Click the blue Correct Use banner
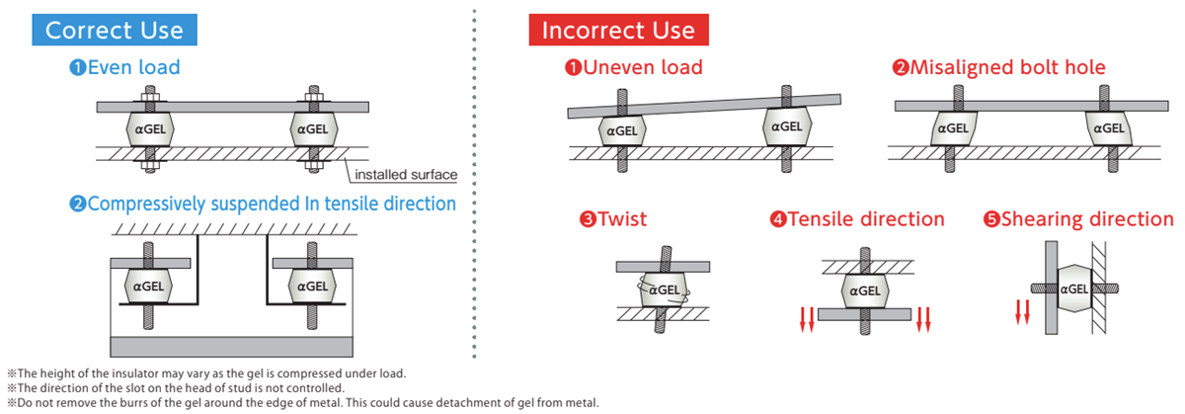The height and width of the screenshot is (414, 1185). [115, 30]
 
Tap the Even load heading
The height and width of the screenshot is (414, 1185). [124, 67]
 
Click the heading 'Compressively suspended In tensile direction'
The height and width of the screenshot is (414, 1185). [263, 204]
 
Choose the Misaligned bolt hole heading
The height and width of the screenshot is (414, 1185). [998, 67]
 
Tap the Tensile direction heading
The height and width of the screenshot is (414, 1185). [858, 218]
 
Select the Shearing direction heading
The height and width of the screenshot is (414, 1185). [1078, 218]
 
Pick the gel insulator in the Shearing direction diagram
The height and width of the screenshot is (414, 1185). [1072, 290]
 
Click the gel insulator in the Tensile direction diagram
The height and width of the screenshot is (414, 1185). [864, 290]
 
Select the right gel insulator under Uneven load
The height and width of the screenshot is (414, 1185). [787, 126]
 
